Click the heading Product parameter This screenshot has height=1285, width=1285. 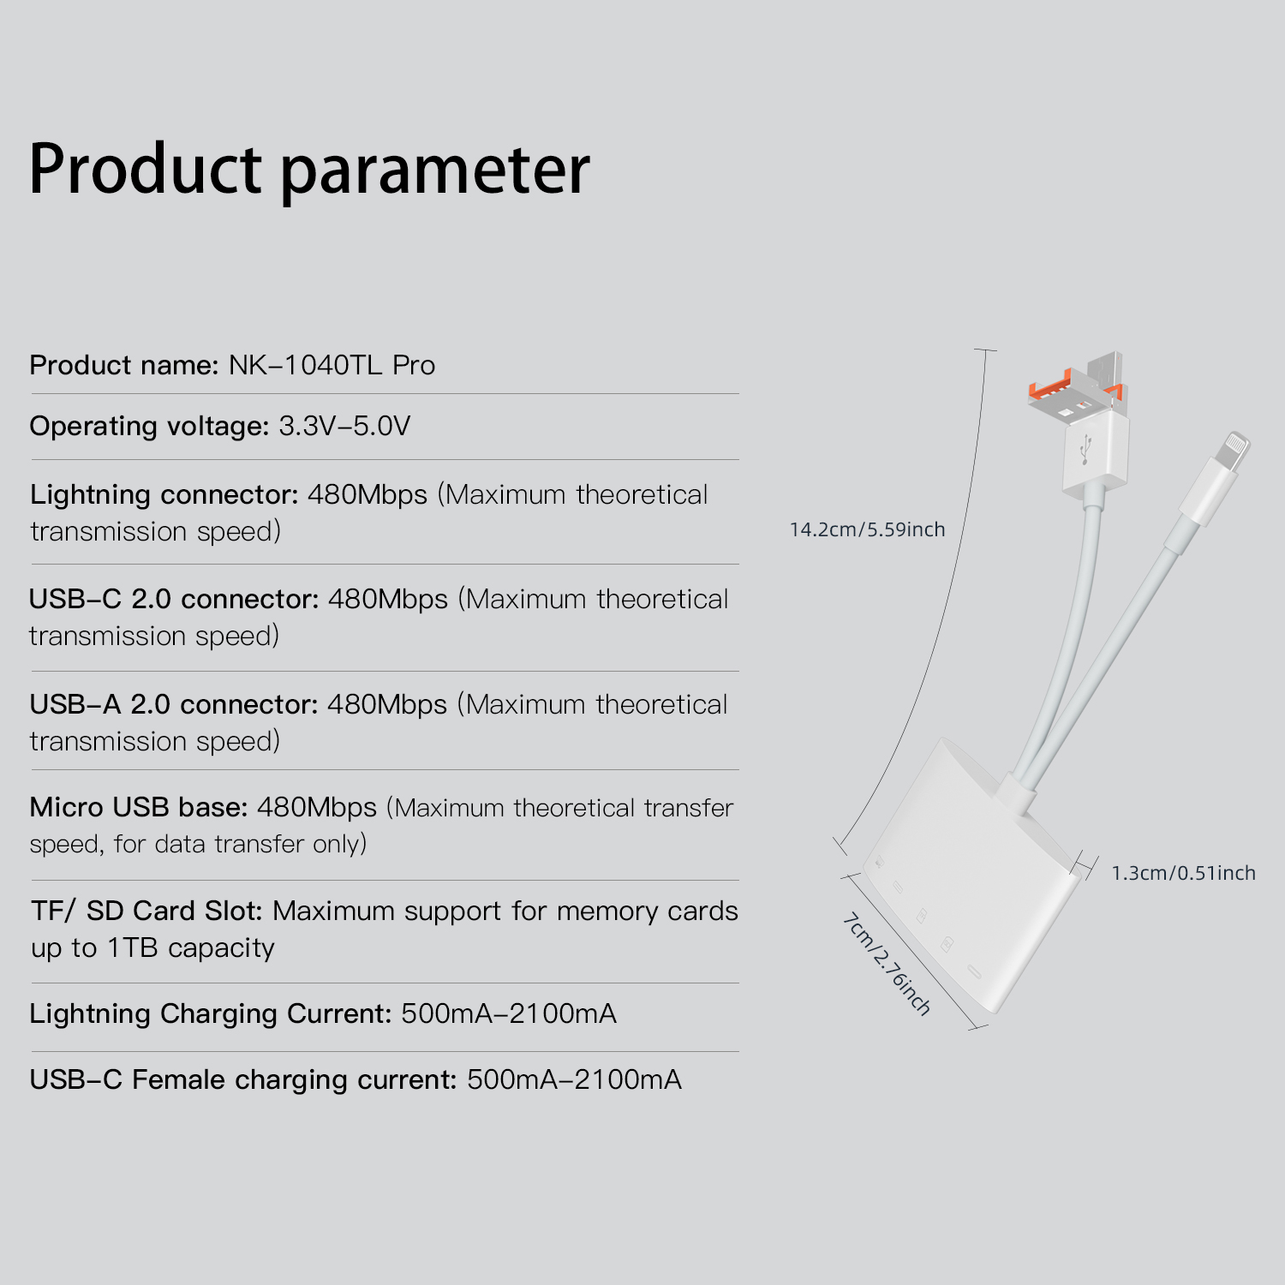tap(309, 170)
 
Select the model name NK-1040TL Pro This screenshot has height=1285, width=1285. tap(332, 365)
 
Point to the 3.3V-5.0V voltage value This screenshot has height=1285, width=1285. tap(344, 426)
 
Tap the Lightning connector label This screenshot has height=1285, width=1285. tap(164, 495)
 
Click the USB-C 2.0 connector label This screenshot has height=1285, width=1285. tap(174, 599)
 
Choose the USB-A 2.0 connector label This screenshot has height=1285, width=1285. tap(174, 704)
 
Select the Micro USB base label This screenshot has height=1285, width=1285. tap(139, 807)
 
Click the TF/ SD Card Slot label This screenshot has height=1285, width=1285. tap(146, 911)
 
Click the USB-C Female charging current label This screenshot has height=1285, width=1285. tap(243, 1080)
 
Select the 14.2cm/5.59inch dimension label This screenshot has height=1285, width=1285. tap(867, 529)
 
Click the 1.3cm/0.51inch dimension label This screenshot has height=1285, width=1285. tap(1183, 873)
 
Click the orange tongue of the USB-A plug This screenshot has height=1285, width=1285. tap(1050, 390)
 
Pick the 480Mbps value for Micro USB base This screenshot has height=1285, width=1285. tap(317, 807)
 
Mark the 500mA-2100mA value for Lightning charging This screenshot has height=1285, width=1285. tap(509, 1013)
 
